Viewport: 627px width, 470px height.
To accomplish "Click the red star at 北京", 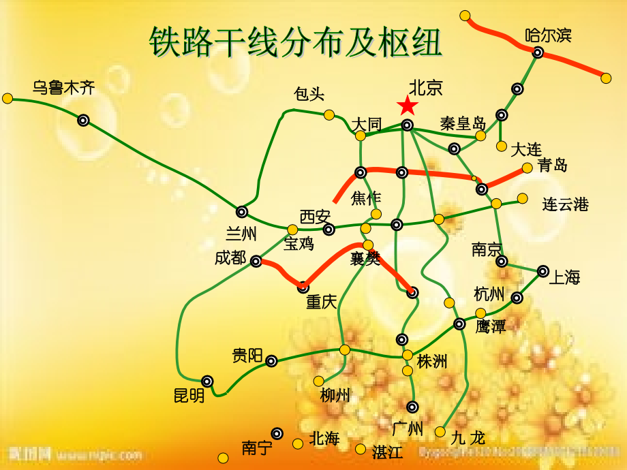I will tap(408, 106).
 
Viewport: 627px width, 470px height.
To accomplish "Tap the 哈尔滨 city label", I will tap(548, 35).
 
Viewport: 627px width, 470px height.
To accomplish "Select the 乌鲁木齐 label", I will tap(63, 87).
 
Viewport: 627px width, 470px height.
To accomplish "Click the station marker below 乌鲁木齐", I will tap(83, 121).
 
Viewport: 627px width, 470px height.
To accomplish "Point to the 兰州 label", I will tap(241, 234).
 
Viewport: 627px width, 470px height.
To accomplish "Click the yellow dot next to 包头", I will tap(329, 114).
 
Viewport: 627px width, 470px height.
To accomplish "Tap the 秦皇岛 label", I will tap(463, 123).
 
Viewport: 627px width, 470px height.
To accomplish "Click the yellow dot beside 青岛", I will tap(527, 168).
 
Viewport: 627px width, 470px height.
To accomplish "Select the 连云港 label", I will tap(565, 204).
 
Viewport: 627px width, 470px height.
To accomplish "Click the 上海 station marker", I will tap(542, 271).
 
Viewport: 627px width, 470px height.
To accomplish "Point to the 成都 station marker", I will tap(256, 261).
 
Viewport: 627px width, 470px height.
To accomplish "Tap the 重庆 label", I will tap(321, 302).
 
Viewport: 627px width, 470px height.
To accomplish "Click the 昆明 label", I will tap(189, 395).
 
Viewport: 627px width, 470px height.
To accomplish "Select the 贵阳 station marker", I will tap(271, 361).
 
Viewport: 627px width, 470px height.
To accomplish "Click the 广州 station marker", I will tap(412, 407).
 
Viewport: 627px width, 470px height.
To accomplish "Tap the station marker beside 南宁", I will tap(277, 433).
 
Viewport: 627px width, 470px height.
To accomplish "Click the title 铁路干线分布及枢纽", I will tap(296, 42).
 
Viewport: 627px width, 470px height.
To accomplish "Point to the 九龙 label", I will tap(468, 438).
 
